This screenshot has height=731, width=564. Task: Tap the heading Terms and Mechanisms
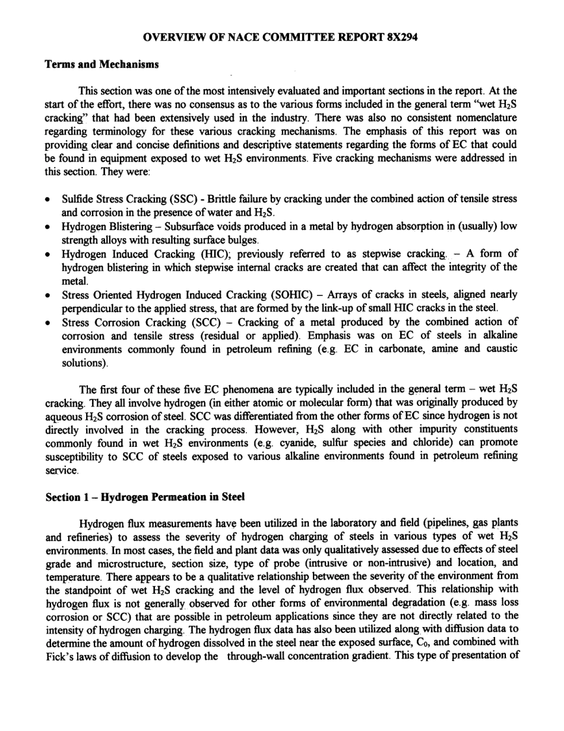(102, 64)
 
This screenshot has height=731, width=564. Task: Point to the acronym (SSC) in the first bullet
(172, 198)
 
